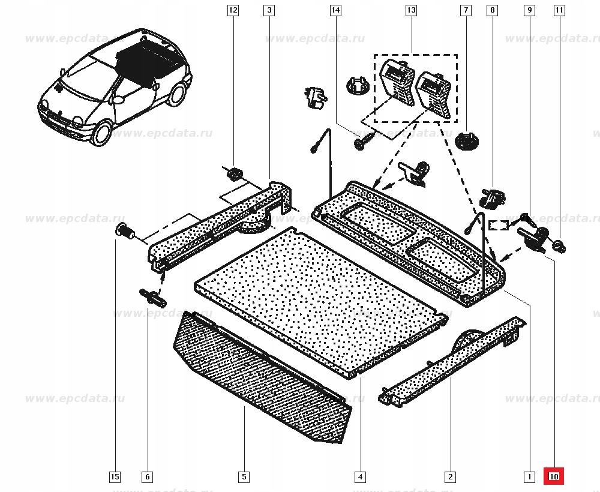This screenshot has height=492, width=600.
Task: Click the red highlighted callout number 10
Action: coord(553,477)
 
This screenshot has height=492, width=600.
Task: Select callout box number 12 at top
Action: coord(233,10)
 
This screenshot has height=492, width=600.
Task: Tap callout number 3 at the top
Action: coord(269,10)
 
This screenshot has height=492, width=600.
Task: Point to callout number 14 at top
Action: coord(335,10)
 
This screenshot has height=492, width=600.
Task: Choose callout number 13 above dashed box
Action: coord(411,10)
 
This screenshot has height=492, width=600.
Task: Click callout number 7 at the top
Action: coord(465,10)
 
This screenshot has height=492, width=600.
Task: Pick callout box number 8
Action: coord(493,10)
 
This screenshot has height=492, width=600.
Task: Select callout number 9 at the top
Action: coord(529,10)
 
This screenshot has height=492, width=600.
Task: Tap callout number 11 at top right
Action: coord(559,10)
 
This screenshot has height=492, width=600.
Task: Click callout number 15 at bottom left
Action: coord(115,477)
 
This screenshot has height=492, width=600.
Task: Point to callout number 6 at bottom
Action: coord(147,477)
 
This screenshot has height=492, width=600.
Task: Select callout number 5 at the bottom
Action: coord(244,477)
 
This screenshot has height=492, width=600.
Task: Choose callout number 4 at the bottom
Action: coord(360,477)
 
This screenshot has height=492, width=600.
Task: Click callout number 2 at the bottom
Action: coord(449,477)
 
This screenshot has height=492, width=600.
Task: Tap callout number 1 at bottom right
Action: coord(529,477)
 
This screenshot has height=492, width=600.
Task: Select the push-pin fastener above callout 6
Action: coord(152,297)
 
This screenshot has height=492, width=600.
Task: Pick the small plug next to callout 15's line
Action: coord(125,230)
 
